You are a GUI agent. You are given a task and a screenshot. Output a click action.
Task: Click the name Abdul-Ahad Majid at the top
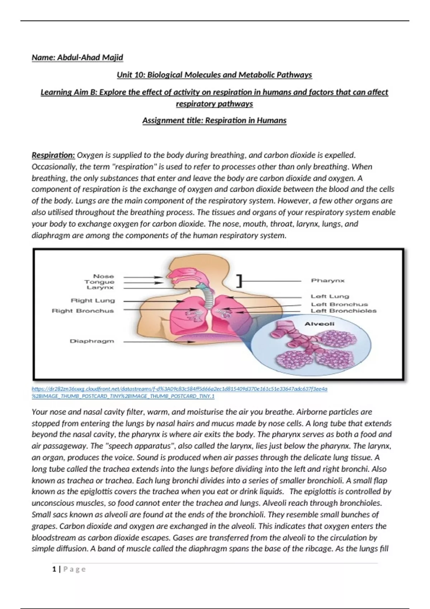pos(77,58)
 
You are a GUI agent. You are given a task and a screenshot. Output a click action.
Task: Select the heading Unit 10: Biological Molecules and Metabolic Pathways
pos(214,75)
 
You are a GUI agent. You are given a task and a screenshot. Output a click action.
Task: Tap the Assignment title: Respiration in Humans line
pos(214,120)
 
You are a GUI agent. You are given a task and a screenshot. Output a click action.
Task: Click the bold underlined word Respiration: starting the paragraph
pos(53,155)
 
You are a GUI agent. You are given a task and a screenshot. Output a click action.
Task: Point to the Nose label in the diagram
pos(103,276)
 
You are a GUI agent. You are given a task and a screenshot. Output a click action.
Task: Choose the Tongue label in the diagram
pos(99,282)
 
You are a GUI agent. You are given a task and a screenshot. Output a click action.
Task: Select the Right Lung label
pos(93,301)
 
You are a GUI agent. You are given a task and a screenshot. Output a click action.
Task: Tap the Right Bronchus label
pos(83,311)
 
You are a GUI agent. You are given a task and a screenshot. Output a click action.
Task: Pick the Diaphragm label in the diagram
pos(92,341)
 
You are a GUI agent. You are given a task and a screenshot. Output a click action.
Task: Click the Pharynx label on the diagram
pos(328,280)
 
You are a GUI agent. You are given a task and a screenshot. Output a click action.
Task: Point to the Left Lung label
pos(330,296)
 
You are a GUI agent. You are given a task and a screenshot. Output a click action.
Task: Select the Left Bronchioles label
pos(343,311)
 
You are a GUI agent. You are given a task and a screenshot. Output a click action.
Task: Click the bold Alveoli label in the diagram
pos(319,324)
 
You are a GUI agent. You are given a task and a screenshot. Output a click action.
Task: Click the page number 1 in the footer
pos(54,569)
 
